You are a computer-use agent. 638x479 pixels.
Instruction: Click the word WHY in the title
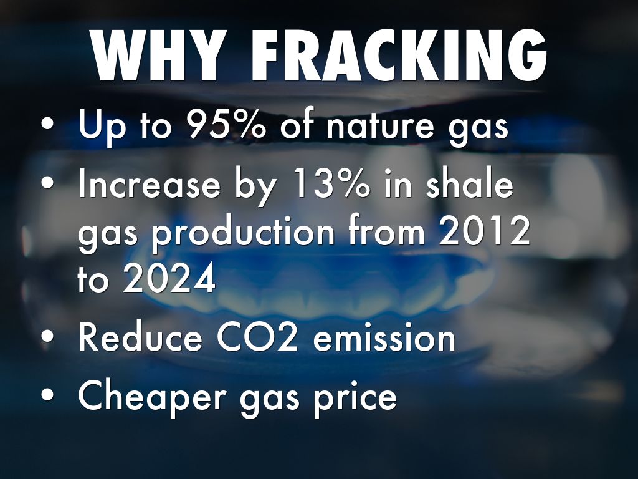158,56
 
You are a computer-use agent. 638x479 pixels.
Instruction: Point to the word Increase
149,185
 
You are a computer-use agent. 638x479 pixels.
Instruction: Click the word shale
470,184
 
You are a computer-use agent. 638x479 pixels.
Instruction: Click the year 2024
169,279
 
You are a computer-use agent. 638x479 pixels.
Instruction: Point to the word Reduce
140,337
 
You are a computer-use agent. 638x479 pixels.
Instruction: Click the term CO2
257,337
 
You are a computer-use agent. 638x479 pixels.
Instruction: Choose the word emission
384,337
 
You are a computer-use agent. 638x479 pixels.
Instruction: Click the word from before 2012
386,231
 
